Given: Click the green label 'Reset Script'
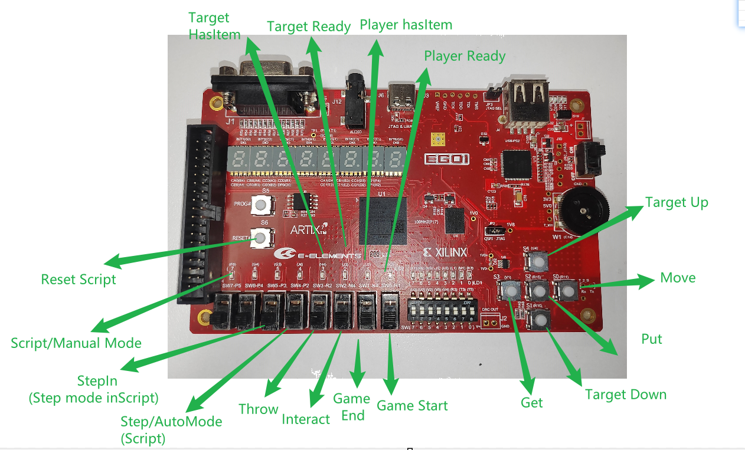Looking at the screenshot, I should [79, 279].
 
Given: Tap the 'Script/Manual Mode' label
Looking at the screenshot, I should [76, 343].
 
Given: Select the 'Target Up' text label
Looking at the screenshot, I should [677, 202].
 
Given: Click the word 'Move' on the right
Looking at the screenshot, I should [678, 278].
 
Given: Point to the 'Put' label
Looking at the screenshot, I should [652, 339].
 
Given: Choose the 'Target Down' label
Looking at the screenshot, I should [625, 394].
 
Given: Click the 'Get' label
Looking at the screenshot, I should [531, 402].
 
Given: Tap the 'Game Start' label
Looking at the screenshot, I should [412, 406].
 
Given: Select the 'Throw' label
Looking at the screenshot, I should [258, 409].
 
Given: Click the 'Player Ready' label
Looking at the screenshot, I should [465, 56].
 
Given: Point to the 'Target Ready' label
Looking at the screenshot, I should [309, 27].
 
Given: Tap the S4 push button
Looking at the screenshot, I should [536, 260].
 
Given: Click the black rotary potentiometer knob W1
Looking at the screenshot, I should [584, 209].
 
